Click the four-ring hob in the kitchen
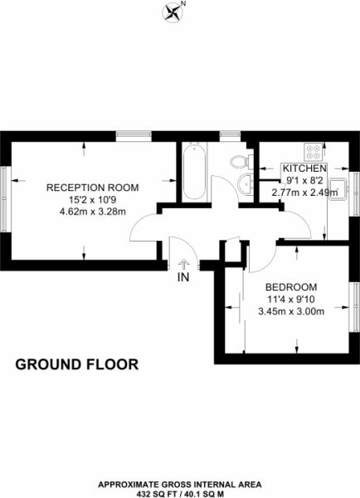tap(314, 153)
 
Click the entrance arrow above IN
tap(182, 265)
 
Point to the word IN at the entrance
tap(183, 278)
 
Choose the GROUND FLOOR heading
tap(77, 364)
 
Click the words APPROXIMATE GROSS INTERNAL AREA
tap(180, 483)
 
